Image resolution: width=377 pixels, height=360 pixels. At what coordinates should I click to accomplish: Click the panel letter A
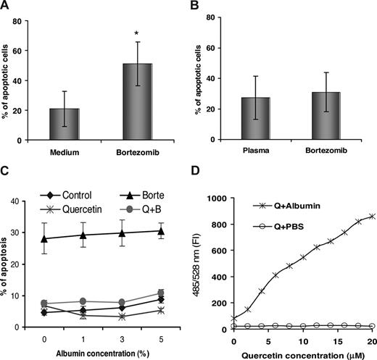6,6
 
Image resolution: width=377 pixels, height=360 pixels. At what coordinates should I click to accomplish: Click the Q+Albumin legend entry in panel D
289,207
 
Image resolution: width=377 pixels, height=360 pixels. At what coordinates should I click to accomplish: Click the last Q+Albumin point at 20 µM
371,217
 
